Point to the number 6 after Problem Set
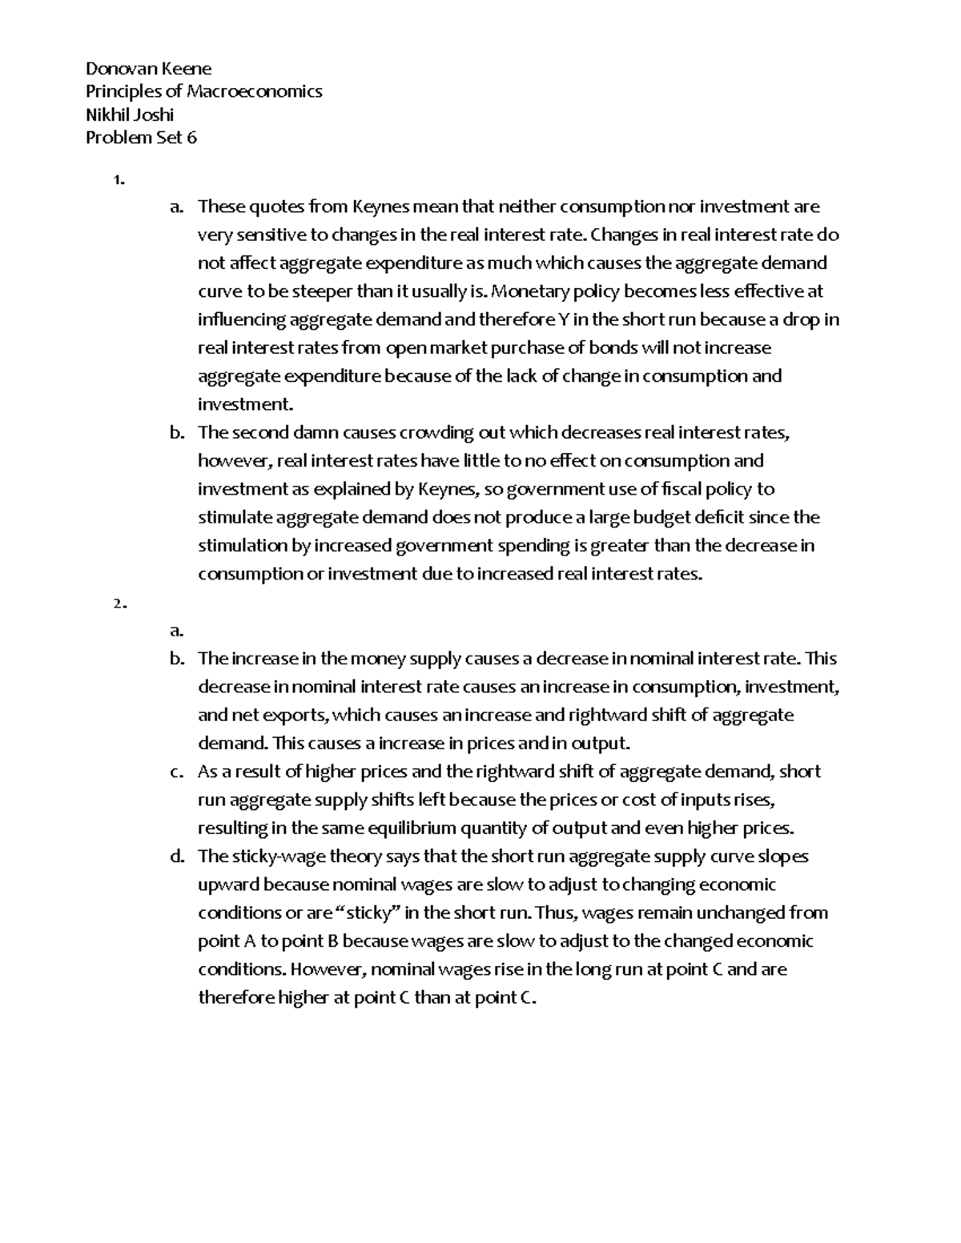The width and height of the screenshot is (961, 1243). pyautogui.click(x=191, y=138)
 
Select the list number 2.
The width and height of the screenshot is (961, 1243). pyautogui.click(x=119, y=604)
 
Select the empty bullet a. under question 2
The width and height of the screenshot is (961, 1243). pyautogui.click(x=176, y=631)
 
